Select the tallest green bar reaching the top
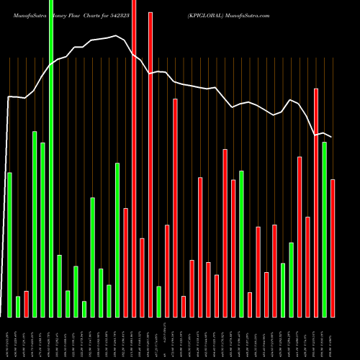(x=51, y=158)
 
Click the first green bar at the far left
(x=9, y=245)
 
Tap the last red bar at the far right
(x=333, y=248)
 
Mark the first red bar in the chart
(x=26, y=304)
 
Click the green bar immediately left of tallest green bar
(x=42, y=230)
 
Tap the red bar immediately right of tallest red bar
(x=142, y=277)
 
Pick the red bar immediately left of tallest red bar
(x=125, y=262)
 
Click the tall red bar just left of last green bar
(x=316, y=202)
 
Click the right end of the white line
(x=332, y=137)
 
